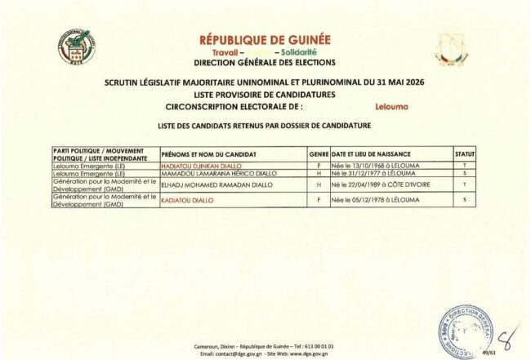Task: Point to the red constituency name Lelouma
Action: pos(390,106)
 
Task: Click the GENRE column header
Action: pos(319,153)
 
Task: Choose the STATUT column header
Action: pos(464,153)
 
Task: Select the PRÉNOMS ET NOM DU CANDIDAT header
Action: pos(209,153)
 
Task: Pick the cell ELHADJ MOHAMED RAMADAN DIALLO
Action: pos(215,184)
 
